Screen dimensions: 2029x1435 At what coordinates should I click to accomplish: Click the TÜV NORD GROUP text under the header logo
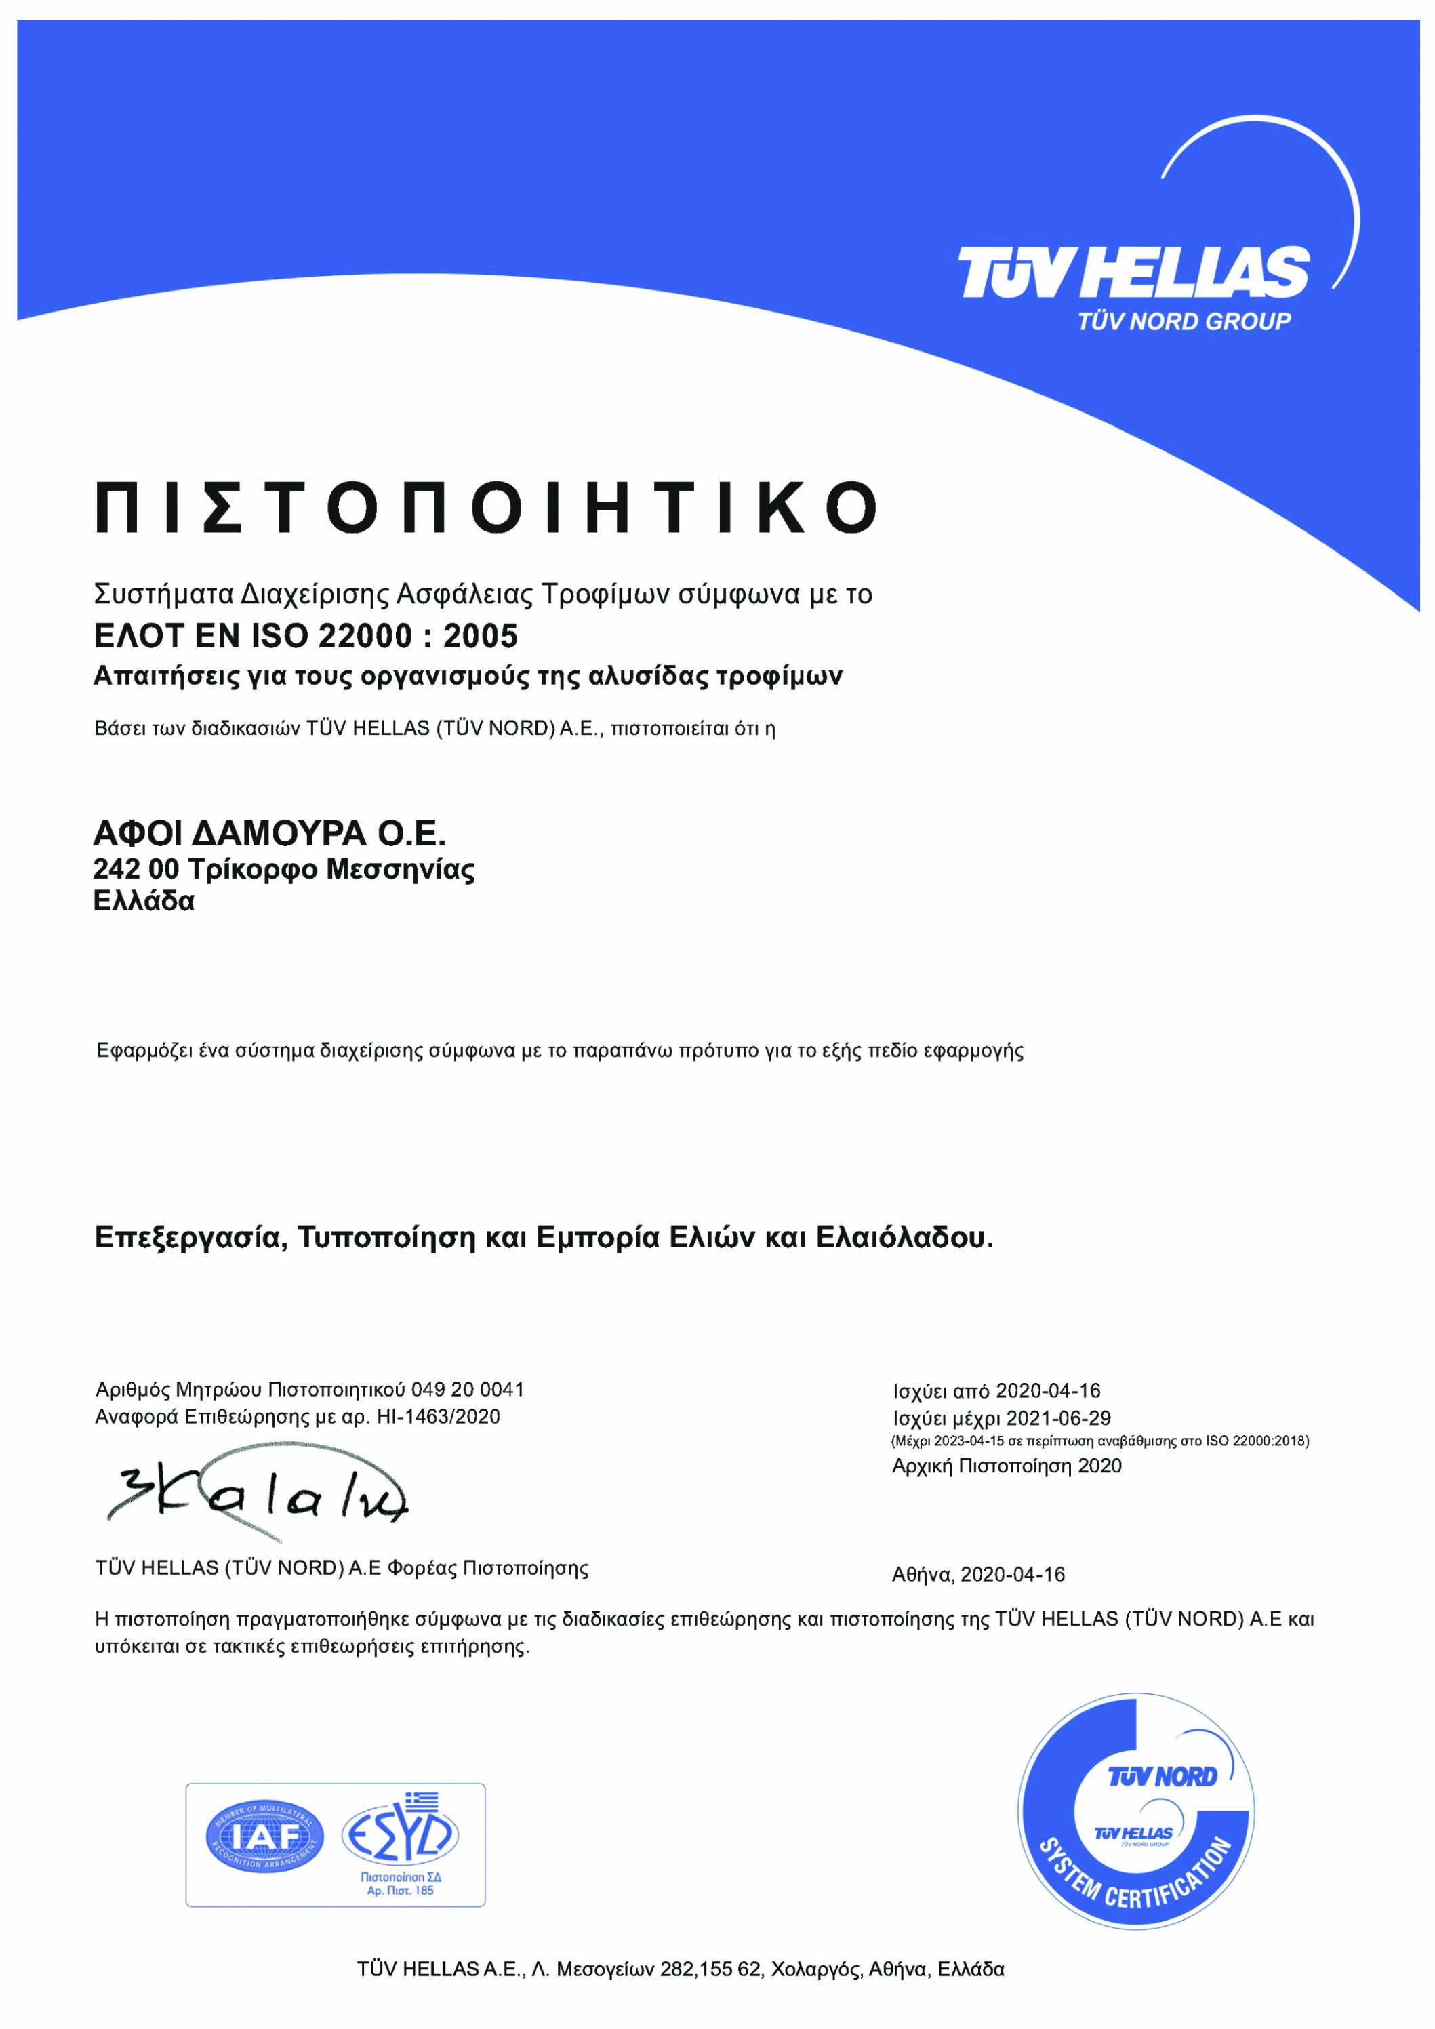coord(1184,321)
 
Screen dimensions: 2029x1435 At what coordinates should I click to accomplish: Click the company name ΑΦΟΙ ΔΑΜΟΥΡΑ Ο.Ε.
coord(270,833)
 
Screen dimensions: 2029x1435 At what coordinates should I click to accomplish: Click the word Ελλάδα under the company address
coord(144,902)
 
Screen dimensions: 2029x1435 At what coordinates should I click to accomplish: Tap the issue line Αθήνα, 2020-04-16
coord(978,1575)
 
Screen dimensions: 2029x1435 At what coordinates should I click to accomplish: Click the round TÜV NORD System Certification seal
coord(1136,1823)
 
